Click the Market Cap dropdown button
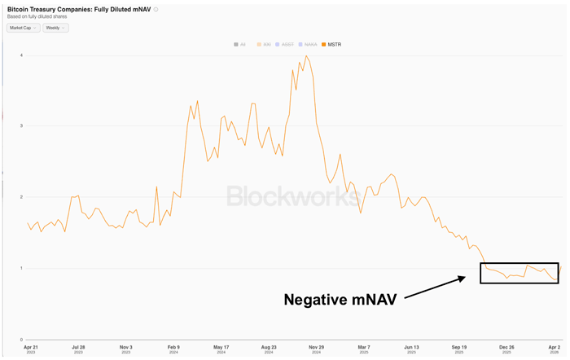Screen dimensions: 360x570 (23, 28)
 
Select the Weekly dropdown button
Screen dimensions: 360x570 (55, 28)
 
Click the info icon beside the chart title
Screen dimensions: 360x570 (156, 10)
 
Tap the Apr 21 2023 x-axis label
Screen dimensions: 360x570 (30, 348)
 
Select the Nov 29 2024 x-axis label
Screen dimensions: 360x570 (316, 348)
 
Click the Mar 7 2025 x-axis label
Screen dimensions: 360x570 (364, 348)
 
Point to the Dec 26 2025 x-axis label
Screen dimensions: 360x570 (506, 348)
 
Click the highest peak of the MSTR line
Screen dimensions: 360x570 (305, 56)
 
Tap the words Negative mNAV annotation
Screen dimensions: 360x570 (340, 300)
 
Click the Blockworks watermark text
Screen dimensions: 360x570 (291, 195)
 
